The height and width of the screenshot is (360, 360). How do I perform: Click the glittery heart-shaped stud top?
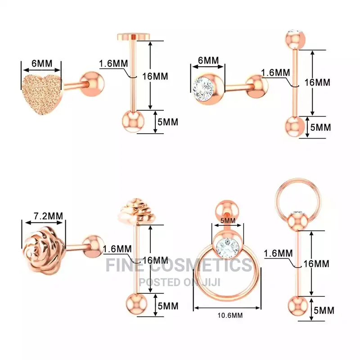pyautogui.click(x=42, y=94)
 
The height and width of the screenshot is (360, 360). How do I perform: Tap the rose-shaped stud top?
pyautogui.click(x=44, y=250)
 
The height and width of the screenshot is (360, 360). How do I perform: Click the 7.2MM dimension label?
pyautogui.click(x=49, y=216)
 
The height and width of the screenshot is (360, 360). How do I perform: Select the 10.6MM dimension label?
pyautogui.click(x=230, y=315)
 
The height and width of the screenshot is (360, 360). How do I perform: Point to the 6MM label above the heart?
pyautogui.click(x=42, y=63)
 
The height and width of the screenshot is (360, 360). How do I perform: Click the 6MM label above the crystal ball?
pyautogui.click(x=208, y=60)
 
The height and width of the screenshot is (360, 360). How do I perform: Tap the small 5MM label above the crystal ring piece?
pyautogui.click(x=228, y=220)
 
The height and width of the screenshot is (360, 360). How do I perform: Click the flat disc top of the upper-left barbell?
pyautogui.click(x=133, y=36)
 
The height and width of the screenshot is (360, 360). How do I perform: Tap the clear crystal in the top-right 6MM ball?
pyautogui.click(x=203, y=88)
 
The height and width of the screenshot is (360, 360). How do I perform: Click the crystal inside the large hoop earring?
pyautogui.click(x=228, y=246)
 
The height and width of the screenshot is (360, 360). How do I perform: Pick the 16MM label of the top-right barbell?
pyautogui.click(x=317, y=82)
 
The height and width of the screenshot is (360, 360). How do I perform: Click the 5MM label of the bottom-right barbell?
pyautogui.click(x=324, y=310)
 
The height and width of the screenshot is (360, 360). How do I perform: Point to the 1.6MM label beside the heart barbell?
pyautogui.click(x=113, y=63)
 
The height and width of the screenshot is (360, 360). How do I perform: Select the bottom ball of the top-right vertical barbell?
pyautogui.click(x=295, y=126)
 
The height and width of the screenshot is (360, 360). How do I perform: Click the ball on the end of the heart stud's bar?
pyautogui.click(x=93, y=84)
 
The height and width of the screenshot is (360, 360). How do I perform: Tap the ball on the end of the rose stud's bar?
pyautogui.click(x=93, y=247)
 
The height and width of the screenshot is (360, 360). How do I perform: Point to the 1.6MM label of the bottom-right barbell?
pyautogui.click(x=278, y=253)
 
